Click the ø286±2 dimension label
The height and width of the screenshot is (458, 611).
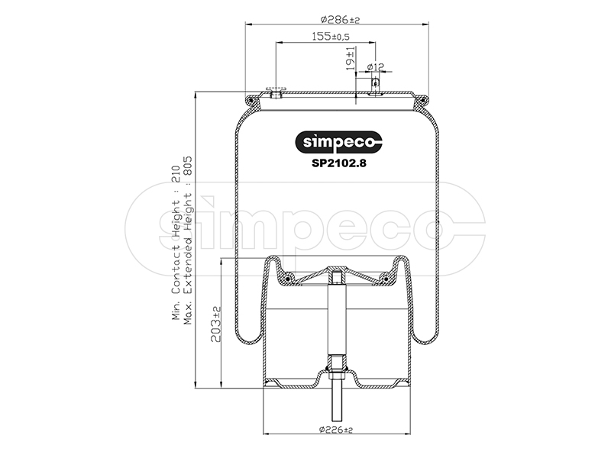(x=340, y=19)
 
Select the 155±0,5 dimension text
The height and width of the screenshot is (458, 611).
(x=331, y=37)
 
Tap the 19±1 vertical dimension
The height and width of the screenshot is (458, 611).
(x=351, y=58)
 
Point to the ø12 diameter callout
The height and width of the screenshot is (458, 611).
(x=376, y=67)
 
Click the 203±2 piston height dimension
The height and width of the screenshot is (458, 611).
(x=216, y=324)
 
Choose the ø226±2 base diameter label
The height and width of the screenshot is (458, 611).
(x=336, y=430)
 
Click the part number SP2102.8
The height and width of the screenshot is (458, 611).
(x=338, y=163)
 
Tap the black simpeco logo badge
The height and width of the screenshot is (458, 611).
(x=338, y=142)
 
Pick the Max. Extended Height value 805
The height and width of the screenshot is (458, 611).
(x=188, y=166)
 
